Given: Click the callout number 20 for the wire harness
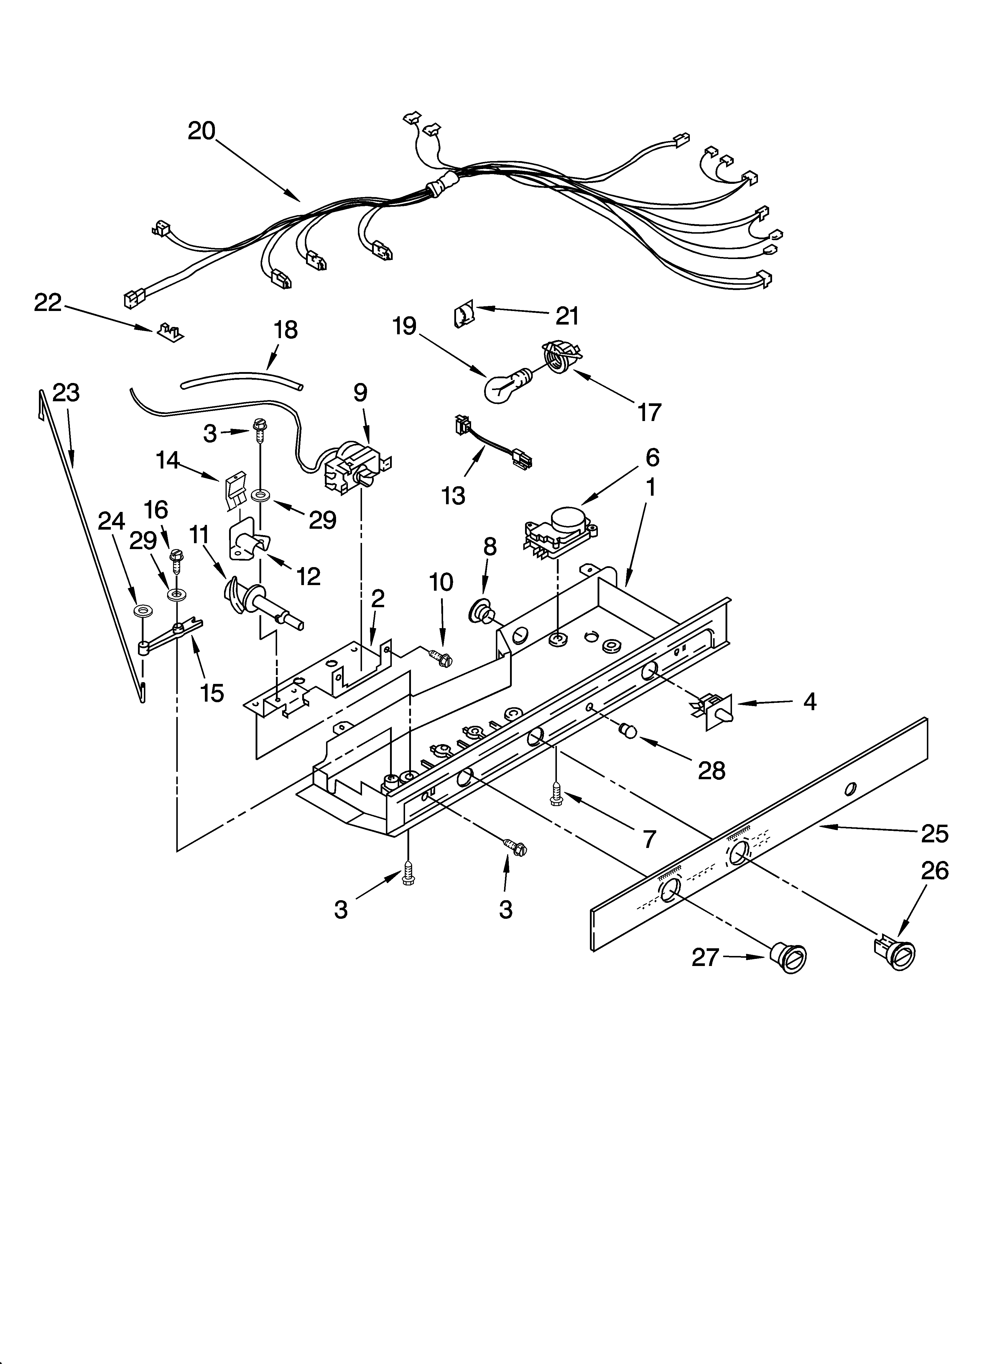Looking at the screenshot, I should click(201, 130).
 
